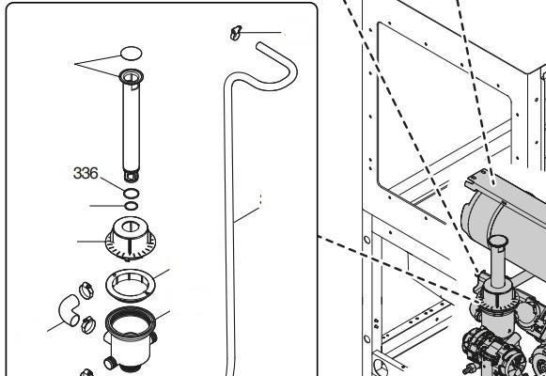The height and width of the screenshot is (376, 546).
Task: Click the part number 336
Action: (86, 173)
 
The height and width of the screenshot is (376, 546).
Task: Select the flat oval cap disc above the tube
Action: (131, 54)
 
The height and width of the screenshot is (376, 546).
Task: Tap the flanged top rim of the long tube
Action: (132, 76)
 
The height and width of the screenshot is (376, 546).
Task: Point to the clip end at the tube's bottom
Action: (132, 176)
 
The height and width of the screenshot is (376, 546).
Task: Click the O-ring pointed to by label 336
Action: (131, 194)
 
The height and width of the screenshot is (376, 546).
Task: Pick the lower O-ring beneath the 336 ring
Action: (131, 206)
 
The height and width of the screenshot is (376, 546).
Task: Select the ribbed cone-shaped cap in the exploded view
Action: (131, 239)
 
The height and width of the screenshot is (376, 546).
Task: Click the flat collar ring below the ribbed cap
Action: (131, 285)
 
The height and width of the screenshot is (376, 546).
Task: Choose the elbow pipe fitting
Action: (69, 310)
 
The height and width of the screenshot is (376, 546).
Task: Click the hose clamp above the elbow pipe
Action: (86, 290)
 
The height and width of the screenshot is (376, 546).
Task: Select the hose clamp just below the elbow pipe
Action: (88, 324)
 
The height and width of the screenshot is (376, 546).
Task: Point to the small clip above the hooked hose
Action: (235, 33)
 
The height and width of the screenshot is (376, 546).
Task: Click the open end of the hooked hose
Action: (259, 46)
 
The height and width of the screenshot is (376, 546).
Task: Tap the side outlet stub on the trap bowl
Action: (110, 363)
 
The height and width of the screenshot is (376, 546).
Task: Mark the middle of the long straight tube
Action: (132, 125)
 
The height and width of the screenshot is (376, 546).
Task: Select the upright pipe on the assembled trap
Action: (498, 261)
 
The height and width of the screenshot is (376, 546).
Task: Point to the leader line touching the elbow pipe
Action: (55, 326)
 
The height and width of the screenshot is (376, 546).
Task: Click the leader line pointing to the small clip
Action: (261, 33)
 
